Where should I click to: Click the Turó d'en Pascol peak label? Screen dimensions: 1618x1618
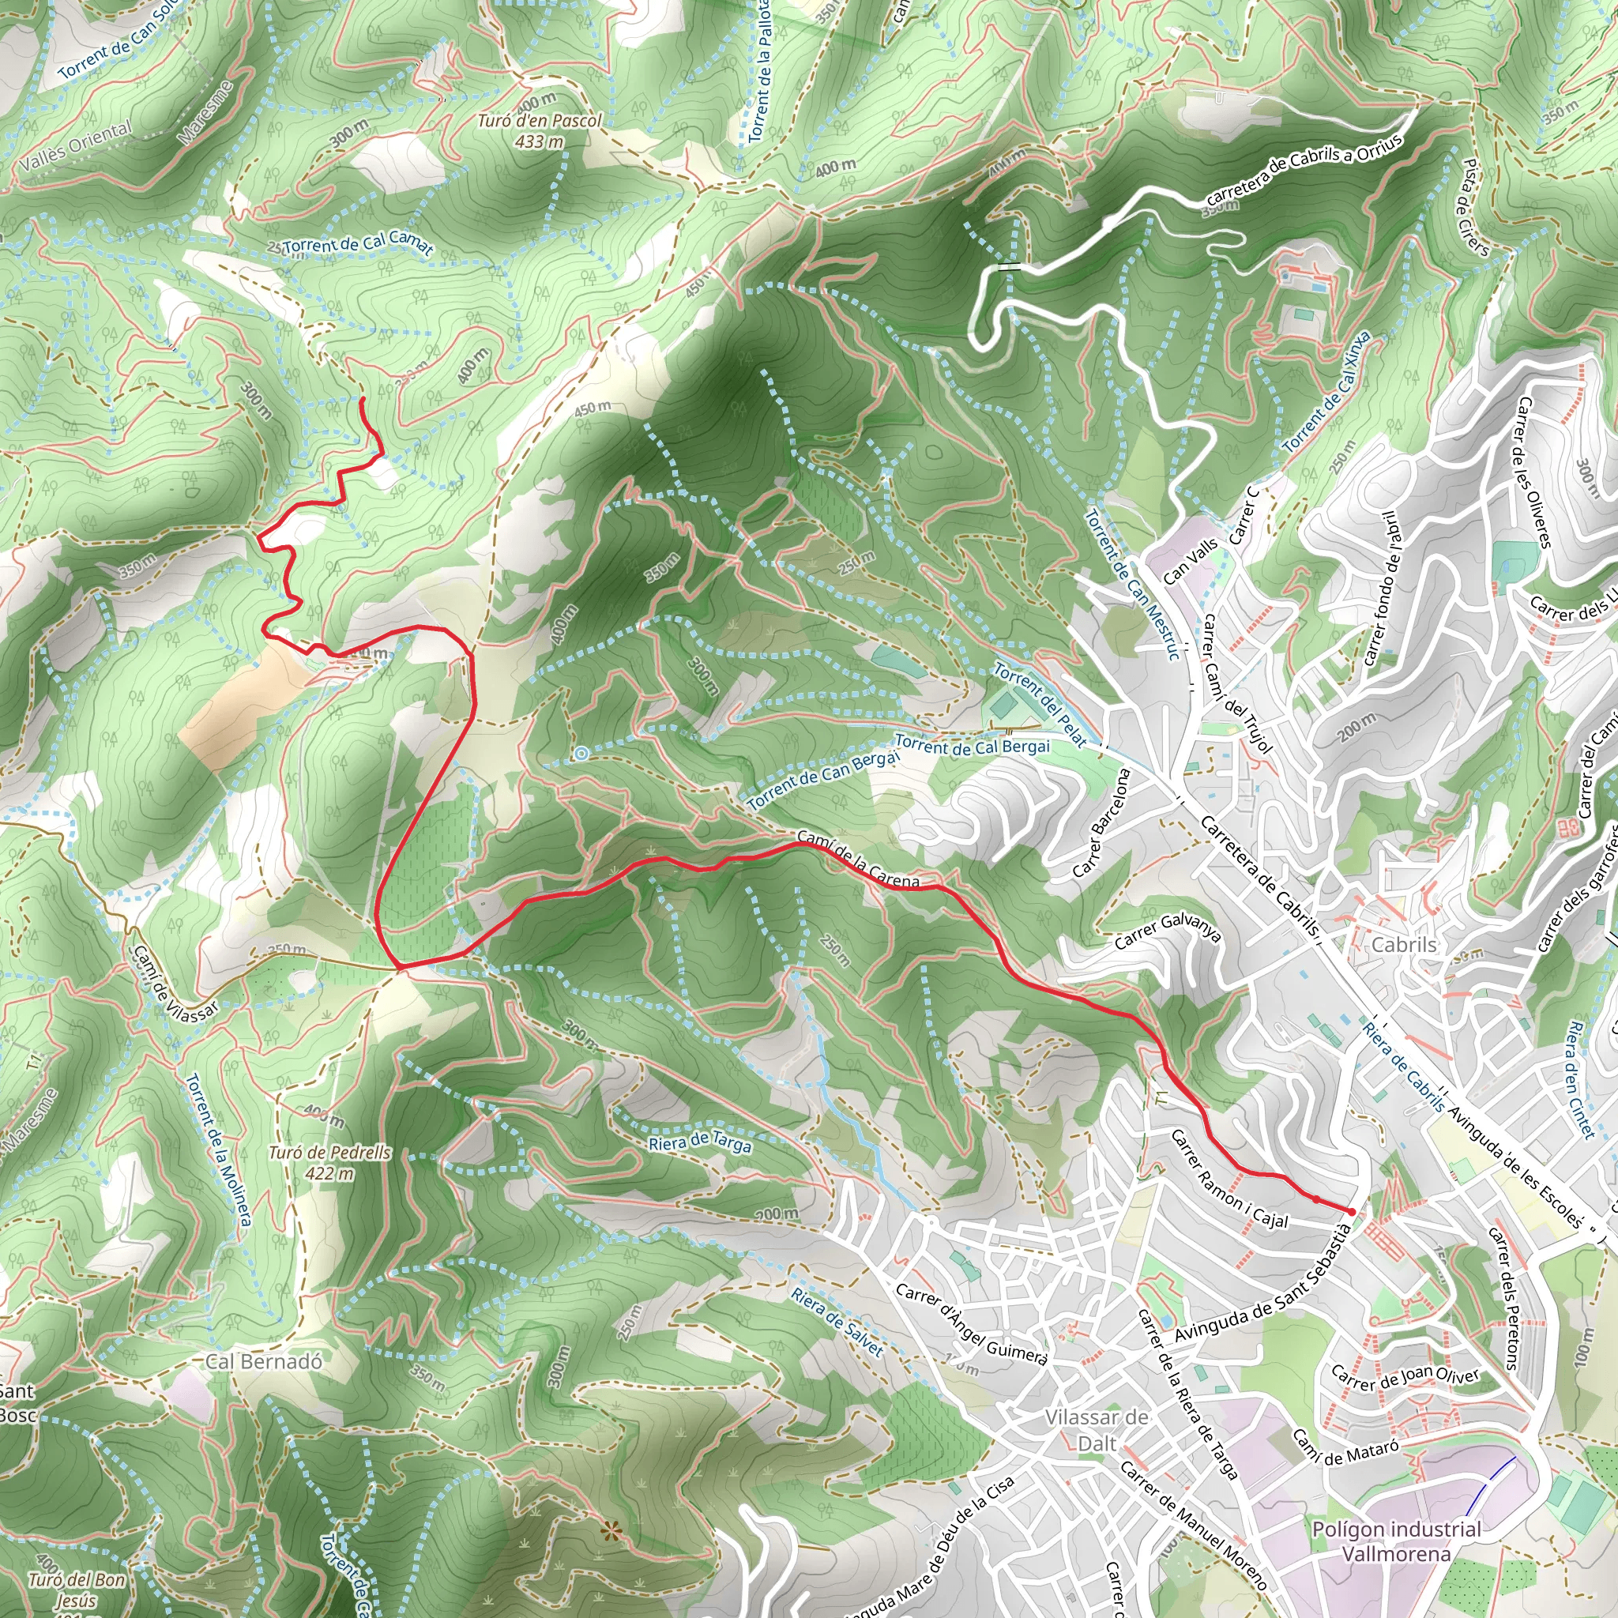pos(540,130)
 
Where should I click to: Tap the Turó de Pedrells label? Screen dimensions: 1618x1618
pos(330,1162)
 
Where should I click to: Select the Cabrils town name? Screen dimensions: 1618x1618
pos(1404,945)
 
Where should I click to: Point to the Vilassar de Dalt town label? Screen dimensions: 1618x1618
pos(1097,1429)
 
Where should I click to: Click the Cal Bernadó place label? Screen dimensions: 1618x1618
pos(263,1361)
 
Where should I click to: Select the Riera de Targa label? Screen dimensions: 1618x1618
pos(700,1142)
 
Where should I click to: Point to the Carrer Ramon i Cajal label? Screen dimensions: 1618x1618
pos(1229,1180)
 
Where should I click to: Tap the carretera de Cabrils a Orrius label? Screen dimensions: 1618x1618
pos(1303,171)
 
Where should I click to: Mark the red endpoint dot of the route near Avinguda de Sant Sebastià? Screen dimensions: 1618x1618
pos(1352,1212)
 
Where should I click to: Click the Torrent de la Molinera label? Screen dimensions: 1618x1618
pos(218,1149)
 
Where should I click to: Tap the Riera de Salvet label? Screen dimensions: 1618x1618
pos(837,1323)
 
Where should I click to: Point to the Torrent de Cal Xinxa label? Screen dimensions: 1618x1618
pos(1327,392)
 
